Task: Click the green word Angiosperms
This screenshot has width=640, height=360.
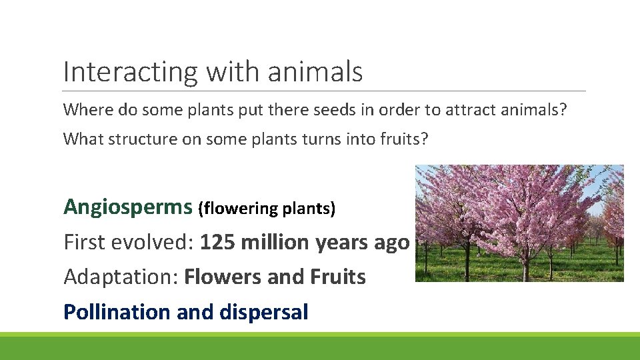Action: [127, 207]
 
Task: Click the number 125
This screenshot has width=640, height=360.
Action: [217, 242]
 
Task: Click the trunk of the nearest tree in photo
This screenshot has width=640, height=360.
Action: [525, 267]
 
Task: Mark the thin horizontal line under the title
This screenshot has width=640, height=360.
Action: [324, 91]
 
